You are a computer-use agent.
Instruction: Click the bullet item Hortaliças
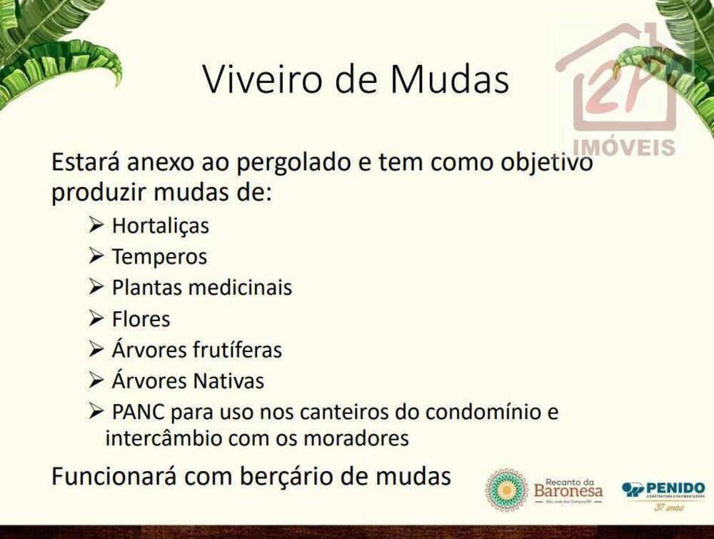161,226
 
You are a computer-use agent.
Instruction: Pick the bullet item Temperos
159,256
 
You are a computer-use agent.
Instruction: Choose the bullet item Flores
141,318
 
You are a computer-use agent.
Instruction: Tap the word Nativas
228,381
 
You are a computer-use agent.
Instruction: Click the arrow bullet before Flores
97,318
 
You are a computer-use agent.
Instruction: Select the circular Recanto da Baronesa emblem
507,490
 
